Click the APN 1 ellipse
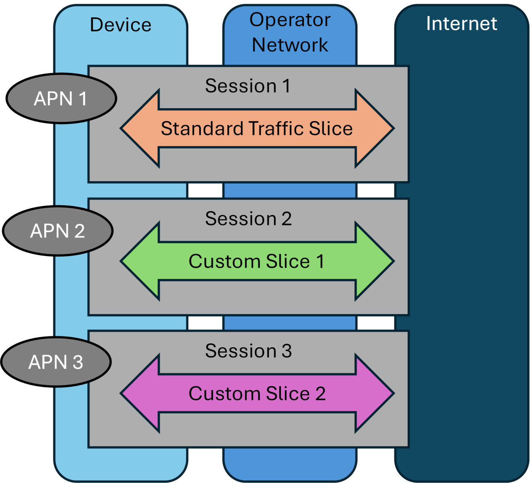[61, 99]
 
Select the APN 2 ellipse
[58, 231]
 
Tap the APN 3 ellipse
[56, 362]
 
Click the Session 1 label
[247, 86]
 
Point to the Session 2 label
[248, 219]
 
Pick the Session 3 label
[248, 351]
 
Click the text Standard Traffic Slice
[257, 129]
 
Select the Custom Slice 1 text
[257, 262]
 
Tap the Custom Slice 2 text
[257, 394]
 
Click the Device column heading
[121, 25]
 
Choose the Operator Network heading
[290, 32]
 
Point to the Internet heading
[462, 23]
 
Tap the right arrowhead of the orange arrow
[374, 128]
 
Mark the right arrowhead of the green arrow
[374, 261]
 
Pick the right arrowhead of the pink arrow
[374, 393]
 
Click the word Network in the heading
[290, 45]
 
